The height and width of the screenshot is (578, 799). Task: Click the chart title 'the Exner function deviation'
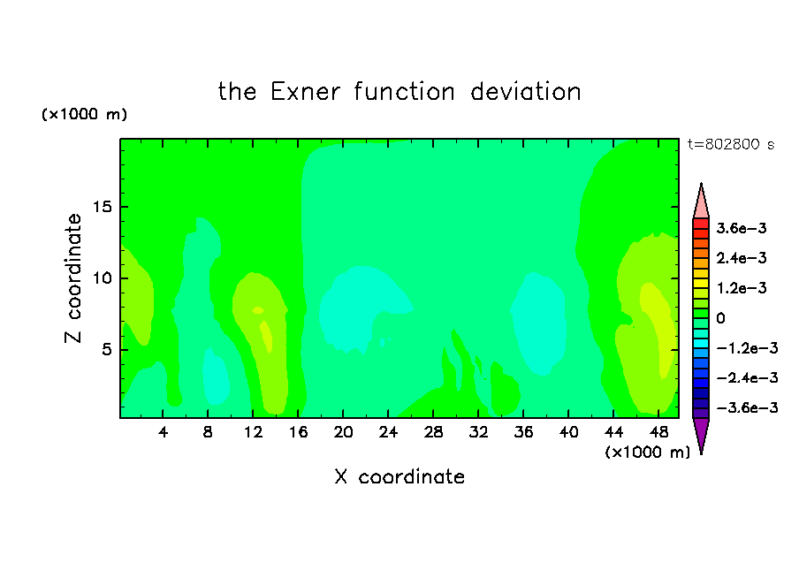(x=399, y=92)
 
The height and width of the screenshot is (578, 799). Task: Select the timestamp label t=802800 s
(x=731, y=145)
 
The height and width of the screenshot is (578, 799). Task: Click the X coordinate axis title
(x=399, y=476)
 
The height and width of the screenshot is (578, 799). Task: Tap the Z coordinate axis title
(x=72, y=278)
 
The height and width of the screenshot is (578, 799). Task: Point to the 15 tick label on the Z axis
(x=102, y=207)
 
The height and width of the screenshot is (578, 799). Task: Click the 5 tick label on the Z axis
(x=106, y=350)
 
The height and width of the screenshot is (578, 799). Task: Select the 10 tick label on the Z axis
(x=102, y=278)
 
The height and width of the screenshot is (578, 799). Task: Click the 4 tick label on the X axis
(x=163, y=432)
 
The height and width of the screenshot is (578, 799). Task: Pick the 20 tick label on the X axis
(x=343, y=432)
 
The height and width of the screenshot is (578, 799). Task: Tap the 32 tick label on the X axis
(x=478, y=432)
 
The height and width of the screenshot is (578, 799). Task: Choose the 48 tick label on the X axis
(x=658, y=432)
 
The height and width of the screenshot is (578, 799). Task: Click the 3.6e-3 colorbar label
(x=741, y=228)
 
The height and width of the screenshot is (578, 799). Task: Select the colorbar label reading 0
(x=720, y=318)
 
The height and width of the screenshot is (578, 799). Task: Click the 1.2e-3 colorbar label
(x=741, y=288)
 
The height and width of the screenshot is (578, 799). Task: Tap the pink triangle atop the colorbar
(x=701, y=204)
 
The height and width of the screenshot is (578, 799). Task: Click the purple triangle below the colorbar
(x=701, y=433)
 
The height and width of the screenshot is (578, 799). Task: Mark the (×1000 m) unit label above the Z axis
(x=84, y=114)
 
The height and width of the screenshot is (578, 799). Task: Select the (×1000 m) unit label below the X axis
(x=647, y=453)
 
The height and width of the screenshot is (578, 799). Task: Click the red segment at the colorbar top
(x=701, y=224)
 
